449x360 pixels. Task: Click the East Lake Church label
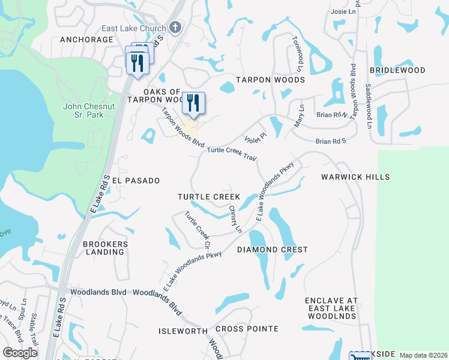(133, 28)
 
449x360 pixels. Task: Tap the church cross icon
(175, 27)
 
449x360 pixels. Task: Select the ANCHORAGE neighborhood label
(86, 40)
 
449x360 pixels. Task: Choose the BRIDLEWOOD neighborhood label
(397, 70)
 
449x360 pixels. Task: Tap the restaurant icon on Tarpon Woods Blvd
(193, 103)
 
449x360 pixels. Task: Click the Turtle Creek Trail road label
(232, 154)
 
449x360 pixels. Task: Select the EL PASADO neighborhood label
(136, 180)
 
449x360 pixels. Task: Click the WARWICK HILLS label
(355, 177)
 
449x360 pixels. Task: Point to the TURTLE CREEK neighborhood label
(209, 197)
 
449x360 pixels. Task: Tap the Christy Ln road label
(235, 220)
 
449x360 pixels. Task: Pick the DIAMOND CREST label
(273, 250)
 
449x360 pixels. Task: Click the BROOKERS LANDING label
(106, 248)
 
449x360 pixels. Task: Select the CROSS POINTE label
(247, 329)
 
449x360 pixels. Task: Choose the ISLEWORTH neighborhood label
(183, 331)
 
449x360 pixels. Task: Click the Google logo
(20, 353)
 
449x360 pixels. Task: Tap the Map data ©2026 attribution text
(423, 355)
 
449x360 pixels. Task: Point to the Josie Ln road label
(343, 11)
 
